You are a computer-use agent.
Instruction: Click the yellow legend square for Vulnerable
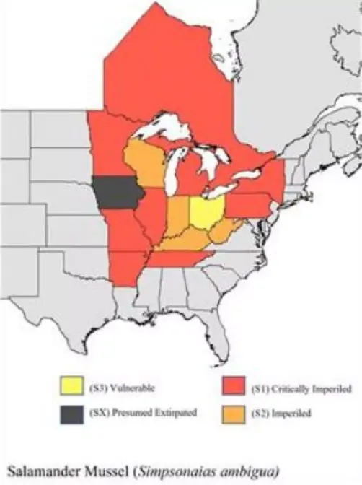71,389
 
